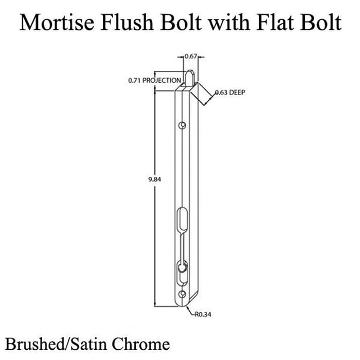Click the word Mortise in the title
(x=57, y=23)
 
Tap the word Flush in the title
(x=127, y=22)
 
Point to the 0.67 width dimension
(x=191, y=56)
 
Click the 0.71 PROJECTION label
(x=154, y=80)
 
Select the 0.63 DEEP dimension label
(x=230, y=93)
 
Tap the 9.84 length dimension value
(x=154, y=179)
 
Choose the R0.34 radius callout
(x=203, y=314)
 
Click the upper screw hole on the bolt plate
(x=182, y=125)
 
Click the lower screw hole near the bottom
(x=182, y=294)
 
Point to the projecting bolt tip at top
(x=190, y=78)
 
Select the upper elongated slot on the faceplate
(x=182, y=219)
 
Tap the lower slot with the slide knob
(x=182, y=273)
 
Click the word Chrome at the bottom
(x=141, y=344)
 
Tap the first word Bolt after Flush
(x=181, y=22)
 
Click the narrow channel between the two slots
(x=182, y=246)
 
